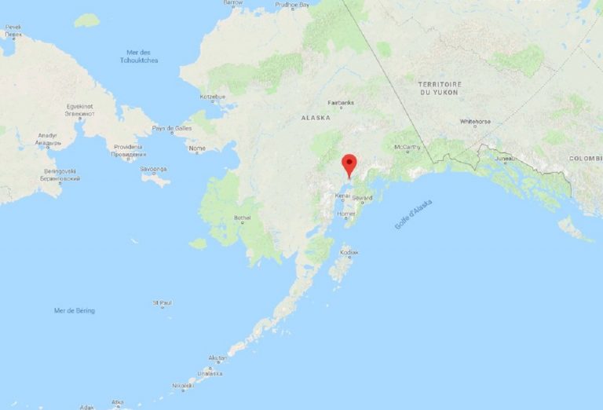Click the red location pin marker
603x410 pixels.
coord(349,166)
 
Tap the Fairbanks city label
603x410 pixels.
coord(341,102)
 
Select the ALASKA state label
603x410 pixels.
coord(316,117)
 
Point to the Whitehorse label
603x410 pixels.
coord(475,122)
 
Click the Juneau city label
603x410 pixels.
coord(504,158)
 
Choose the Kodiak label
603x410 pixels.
coord(349,253)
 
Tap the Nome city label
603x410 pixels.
coord(197,148)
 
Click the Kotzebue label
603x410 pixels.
coord(212,97)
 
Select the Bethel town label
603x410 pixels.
coord(242,218)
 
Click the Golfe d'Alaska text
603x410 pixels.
coord(413,214)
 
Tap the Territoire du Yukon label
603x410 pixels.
coord(440,87)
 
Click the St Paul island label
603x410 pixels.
coord(163,302)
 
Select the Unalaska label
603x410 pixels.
coord(210,374)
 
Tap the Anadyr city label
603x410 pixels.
coord(47,139)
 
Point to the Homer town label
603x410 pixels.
coord(346,214)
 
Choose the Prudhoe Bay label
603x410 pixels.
coord(293,4)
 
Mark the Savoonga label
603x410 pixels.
coord(154,169)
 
